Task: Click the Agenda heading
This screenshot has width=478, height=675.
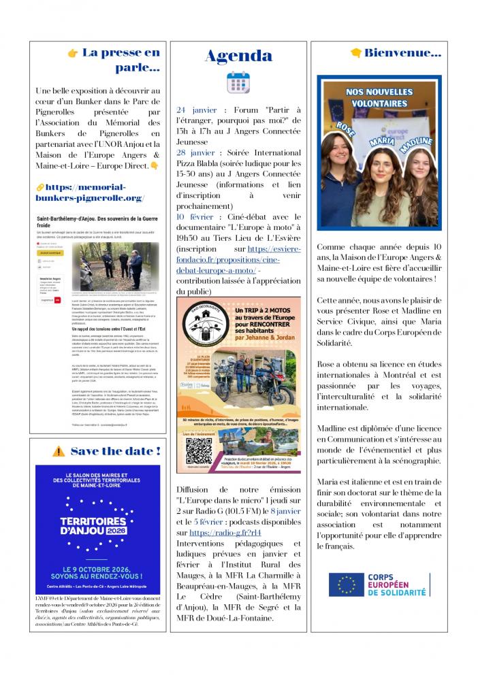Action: [x=238, y=55]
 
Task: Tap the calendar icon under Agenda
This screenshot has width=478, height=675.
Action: [x=238, y=82]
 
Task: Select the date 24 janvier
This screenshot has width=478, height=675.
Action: [x=196, y=110]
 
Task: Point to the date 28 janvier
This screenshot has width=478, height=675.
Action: [x=197, y=152]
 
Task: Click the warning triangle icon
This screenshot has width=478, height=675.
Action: [x=59, y=450]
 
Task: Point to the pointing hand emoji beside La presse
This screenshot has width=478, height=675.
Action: [x=73, y=53]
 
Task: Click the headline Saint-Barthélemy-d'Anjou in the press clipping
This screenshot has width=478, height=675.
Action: [x=97, y=220]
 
